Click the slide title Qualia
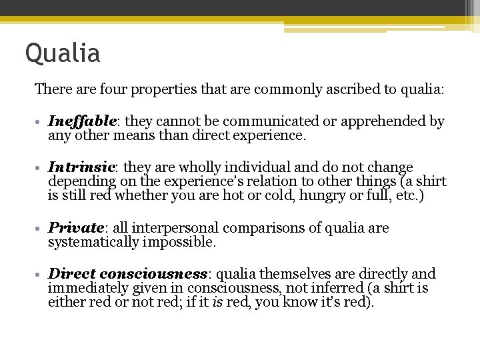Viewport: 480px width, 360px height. (x=63, y=53)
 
